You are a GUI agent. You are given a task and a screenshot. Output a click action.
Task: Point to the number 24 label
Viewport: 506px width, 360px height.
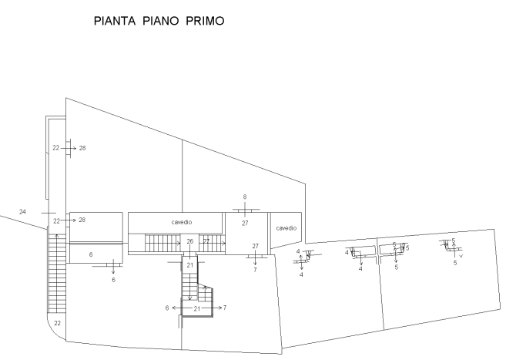[x=23, y=211]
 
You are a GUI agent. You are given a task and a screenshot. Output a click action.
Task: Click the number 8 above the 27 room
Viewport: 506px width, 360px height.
[x=245, y=197]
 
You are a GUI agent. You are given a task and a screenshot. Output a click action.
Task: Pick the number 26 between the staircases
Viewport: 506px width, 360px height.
[x=189, y=241]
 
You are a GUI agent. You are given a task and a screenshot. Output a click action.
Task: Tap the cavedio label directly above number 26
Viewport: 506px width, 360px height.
[x=182, y=222]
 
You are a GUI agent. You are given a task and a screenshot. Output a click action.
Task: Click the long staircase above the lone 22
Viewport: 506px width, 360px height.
[x=55, y=274]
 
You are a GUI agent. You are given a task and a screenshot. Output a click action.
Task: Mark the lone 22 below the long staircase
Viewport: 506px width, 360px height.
[x=57, y=323]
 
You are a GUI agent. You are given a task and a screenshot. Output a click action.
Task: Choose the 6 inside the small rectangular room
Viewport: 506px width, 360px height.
[x=91, y=254]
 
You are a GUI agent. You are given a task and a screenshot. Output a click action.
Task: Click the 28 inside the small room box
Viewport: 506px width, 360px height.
[x=81, y=220]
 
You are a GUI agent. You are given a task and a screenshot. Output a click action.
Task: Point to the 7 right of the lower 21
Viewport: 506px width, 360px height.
[x=224, y=308]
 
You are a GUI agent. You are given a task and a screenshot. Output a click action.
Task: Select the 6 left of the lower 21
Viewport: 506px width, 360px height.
[x=167, y=308]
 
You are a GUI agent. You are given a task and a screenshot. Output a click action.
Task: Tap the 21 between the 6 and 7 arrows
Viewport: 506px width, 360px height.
[x=196, y=308]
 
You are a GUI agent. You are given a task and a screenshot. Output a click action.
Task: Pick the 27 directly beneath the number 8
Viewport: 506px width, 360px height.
[x=245, y=223]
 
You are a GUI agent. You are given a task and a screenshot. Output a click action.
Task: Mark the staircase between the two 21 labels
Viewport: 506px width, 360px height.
[x=191, y=288]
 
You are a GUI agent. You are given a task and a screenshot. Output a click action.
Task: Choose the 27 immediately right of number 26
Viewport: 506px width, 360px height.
[x=206, y=241]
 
